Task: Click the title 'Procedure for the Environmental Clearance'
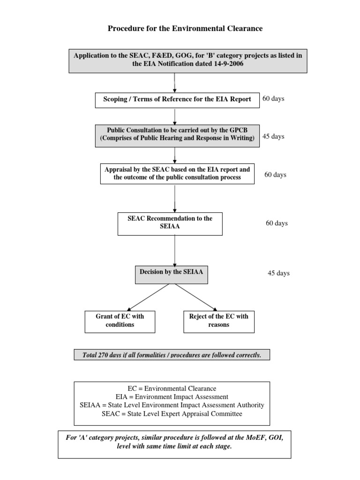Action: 185,29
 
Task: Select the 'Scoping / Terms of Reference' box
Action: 177,100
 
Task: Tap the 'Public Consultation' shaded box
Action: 177,135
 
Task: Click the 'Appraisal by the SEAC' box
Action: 177,173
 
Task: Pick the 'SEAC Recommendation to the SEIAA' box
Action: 170,224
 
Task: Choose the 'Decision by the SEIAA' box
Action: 172,275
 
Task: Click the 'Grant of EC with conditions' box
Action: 120,322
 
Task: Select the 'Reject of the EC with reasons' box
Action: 219,322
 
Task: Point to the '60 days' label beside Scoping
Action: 273,98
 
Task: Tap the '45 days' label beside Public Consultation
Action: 273,136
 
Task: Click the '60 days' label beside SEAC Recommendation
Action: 277,223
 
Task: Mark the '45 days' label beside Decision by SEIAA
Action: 278,273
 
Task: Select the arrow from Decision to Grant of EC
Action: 148,297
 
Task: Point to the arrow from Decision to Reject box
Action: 196,297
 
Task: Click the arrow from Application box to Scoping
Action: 174,82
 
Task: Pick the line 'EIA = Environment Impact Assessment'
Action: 172,397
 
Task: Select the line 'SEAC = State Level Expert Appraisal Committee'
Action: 172,414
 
